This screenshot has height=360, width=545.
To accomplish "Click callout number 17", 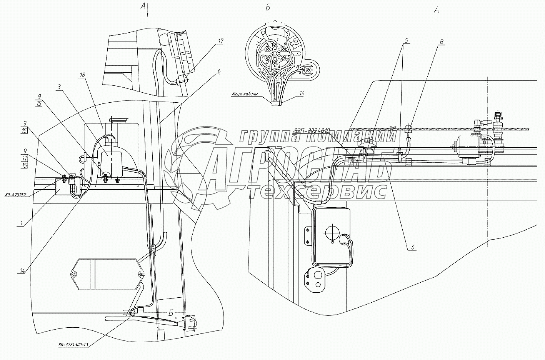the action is point(220,41).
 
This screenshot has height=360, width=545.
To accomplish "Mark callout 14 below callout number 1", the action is point(22,271).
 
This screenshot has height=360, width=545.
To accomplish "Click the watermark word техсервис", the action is point(317,191).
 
